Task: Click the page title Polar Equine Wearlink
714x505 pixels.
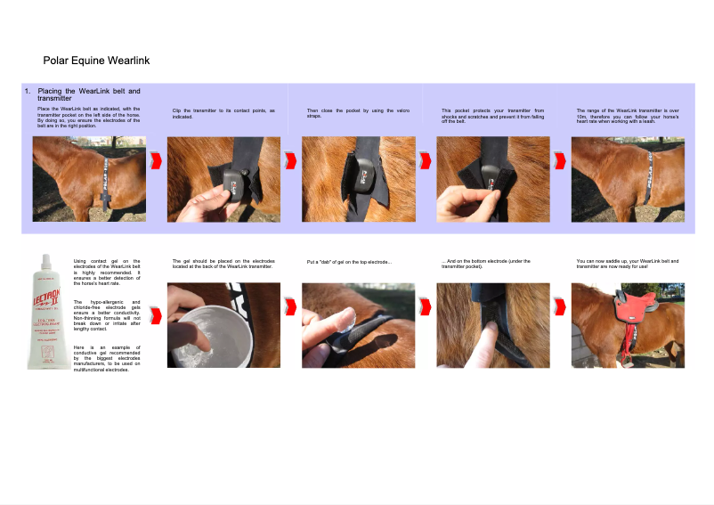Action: [x=96, y=61]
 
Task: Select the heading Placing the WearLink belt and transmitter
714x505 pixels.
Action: [x=87, y=95]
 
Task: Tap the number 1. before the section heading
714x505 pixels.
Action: [x=28, y=92]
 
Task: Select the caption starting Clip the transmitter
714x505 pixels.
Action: [x=223, y=113]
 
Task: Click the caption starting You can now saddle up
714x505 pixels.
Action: [x=627, y=264]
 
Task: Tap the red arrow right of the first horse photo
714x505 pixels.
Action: [x=157, y=160]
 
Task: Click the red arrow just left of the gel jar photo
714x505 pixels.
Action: [x=157, y=315]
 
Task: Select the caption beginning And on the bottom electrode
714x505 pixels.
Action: [x=485, y=264]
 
